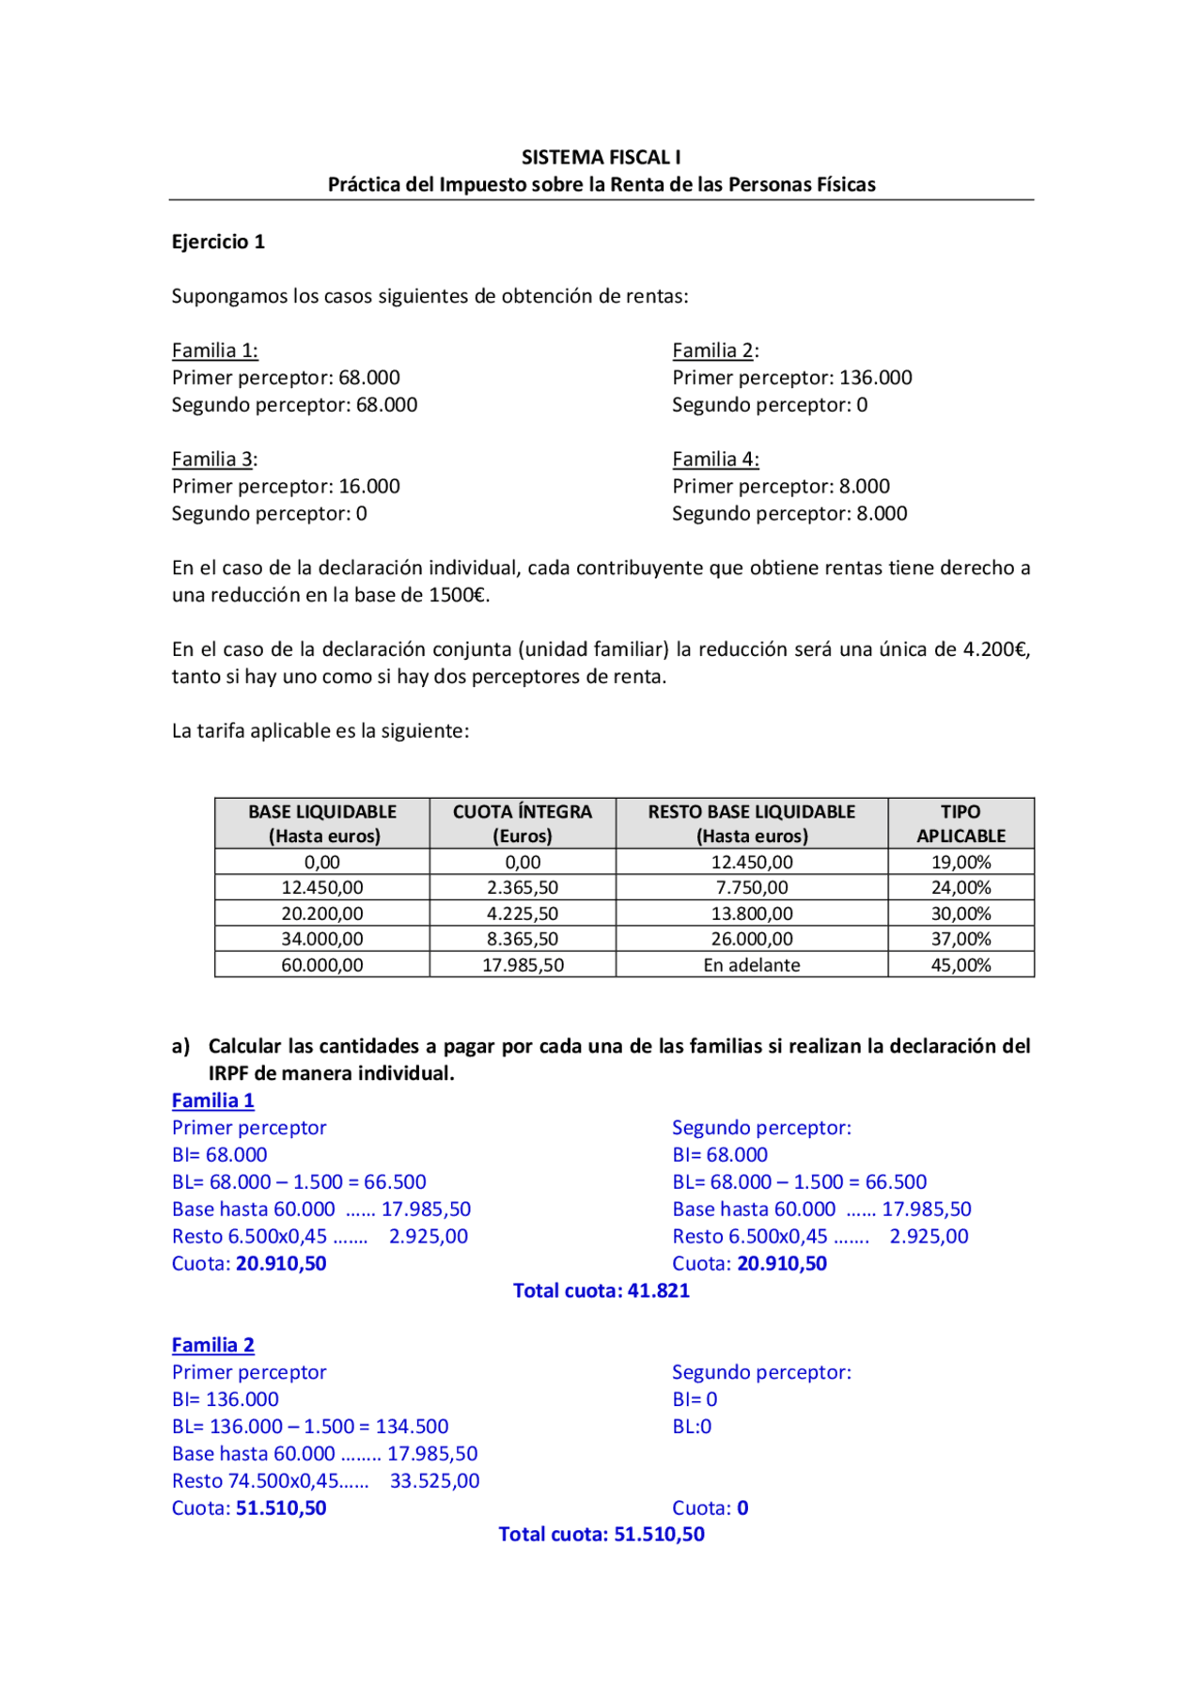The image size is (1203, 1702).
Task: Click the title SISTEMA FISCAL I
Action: pyautogui.click(x=601, y=157)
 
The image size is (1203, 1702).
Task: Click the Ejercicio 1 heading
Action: pyautogui.click(x=218, y=242)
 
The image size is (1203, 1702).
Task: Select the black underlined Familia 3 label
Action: pyautogui.click(x=212, y=459)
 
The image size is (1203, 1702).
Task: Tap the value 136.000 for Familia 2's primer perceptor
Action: pyautogui.click(x=875, y=377)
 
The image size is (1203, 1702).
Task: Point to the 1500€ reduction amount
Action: pyautogui.click(x=459, y=595)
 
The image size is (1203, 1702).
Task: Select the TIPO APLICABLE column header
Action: pyautogui.click(x=961, y=823)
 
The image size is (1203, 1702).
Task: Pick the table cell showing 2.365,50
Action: pyautogui.click(x=523, y=887)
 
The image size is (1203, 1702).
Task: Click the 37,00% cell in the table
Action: pyautogui.click(x=961, y=939)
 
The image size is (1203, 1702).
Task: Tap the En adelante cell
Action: pyautogui.click(x=752, y=965)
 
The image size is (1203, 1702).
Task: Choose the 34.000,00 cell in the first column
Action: pyautogui.click(x=321, y=939)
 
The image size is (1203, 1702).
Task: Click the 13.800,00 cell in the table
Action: pyautogui.click(x=752, y=913)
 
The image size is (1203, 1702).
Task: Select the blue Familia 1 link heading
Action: pyautogui.click(x=212, y=1101)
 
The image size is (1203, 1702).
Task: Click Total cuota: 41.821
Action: pyautogui.click(x=601, y=1290)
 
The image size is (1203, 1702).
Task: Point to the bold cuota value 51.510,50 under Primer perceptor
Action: pyautogui.click(x=281, y=1507)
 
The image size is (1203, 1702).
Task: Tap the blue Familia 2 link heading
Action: pyautogui.click(x=212, y=1345)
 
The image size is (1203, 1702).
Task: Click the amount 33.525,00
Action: pyautogui.click(x=434, y=1480)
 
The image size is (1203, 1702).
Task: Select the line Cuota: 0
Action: pyautogui.click(x=710, y=1507)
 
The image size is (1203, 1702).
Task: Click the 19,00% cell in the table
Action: pyautogui.click(x=961, y=862)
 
